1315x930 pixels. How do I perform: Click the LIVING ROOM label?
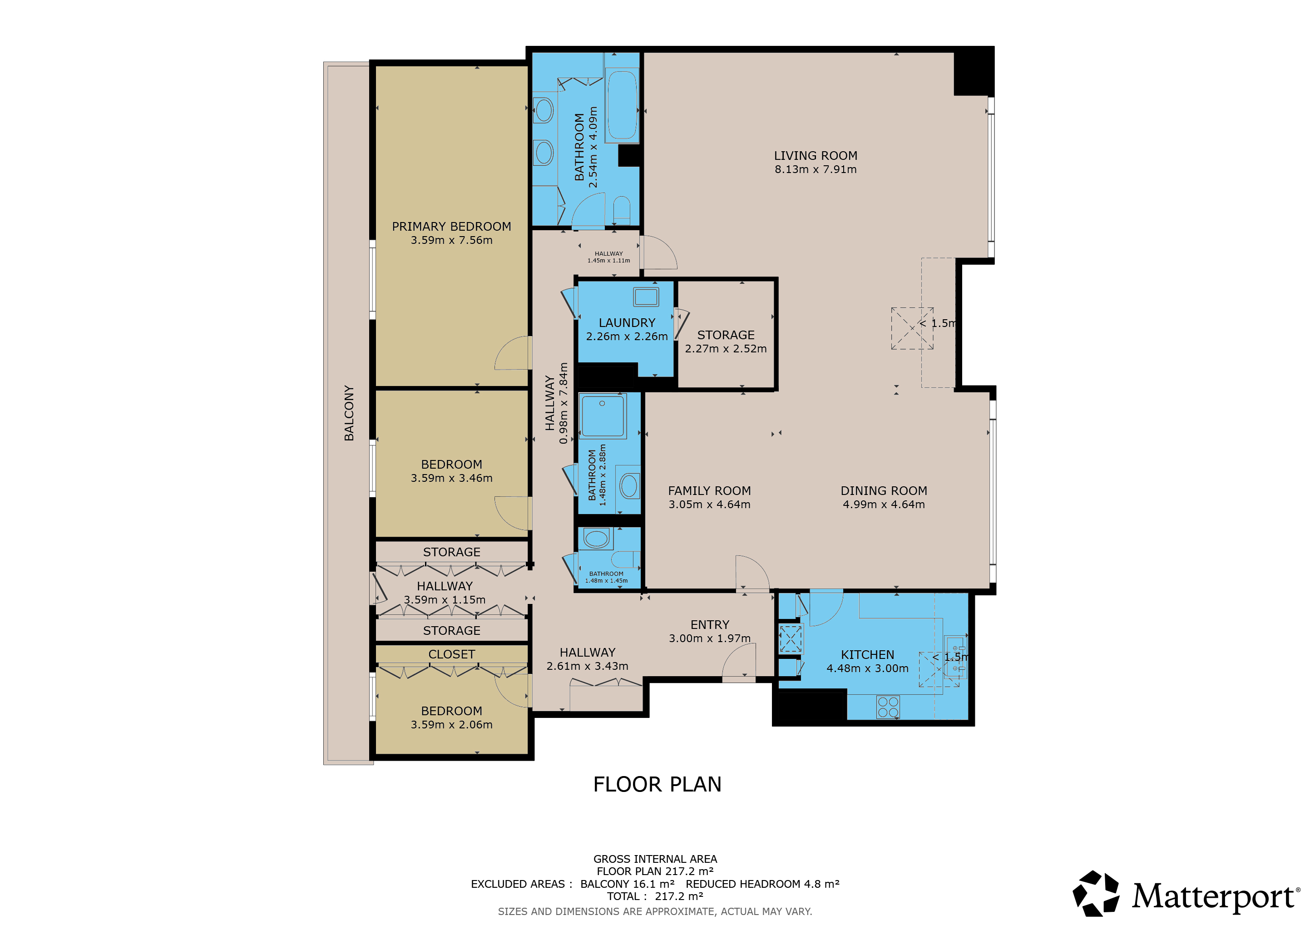tap(816, 156)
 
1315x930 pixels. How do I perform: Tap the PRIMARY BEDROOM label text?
tap(451, 227)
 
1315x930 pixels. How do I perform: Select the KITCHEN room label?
tap(867, 654)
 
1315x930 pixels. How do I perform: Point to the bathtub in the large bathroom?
tap(622, 105)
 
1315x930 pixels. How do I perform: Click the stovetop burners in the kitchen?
tap(888, 707)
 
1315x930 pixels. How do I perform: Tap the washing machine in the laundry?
tap(646, 297)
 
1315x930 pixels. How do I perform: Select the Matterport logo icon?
tap(1096, 893)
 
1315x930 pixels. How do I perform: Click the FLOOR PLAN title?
tap(657, 784)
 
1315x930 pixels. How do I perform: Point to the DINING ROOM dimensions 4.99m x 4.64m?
tap(884, 505)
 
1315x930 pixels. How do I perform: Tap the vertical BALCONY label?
tap(349, 413)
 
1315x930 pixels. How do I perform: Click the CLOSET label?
tap(451, 654)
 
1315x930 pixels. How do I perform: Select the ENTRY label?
tap(710, 625)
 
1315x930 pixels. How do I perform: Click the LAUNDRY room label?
tap(627, 323)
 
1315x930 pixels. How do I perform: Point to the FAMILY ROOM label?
tap(709, 491)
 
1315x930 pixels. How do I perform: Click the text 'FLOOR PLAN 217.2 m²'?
tap(655, 871)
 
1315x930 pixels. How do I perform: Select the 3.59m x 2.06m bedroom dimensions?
tap(451, 724)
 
